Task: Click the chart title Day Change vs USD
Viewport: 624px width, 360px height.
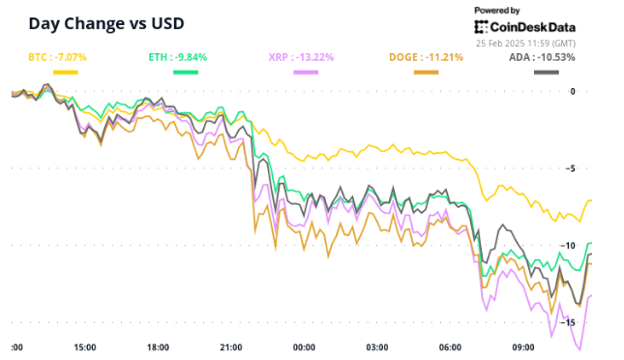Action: click(105, 22)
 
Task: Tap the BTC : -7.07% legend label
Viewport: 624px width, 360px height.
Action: click(57, 57)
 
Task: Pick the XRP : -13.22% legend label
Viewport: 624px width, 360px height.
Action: click(300, 57)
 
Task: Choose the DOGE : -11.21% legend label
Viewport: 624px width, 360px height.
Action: click(426, 57)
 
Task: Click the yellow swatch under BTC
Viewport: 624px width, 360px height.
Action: click(66, 72)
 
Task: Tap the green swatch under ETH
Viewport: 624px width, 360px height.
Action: click(187, 72)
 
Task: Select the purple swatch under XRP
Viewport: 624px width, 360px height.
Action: click(307, 72)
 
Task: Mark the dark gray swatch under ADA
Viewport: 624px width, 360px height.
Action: click(548, 72)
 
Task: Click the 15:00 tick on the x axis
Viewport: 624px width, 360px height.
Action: click(85, 347)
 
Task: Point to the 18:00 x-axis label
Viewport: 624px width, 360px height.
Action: click(158, 347)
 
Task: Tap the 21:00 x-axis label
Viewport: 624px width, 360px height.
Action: click(231, 347)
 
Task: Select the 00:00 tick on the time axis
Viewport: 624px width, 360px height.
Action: click(304, 347)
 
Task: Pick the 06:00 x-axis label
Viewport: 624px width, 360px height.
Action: click(450, 347)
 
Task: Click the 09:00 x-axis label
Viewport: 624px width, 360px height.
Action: click(523, 347)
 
